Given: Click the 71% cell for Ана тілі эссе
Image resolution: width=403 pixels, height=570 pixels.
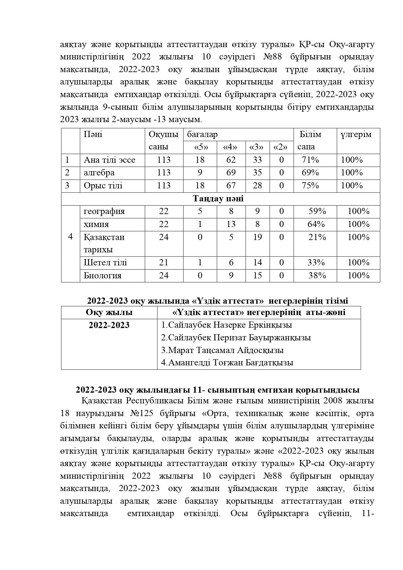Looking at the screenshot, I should coord(310,160).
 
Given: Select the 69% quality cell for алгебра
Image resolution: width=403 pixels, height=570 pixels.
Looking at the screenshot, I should coord(310,172).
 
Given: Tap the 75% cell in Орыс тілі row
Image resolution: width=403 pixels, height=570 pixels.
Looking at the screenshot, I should coord(310,185).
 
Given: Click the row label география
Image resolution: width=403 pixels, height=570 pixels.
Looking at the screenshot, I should coord(104,211).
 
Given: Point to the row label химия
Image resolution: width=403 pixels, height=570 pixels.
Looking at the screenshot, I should coord(96,224).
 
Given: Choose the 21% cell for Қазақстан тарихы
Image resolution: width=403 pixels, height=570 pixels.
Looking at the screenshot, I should coord(317,237).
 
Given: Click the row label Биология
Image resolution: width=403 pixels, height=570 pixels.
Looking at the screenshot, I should coord(102,275).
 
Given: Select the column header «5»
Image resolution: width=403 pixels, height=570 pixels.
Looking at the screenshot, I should coord(200,147).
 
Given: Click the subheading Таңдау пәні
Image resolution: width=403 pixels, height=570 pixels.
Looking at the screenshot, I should coord(218,198).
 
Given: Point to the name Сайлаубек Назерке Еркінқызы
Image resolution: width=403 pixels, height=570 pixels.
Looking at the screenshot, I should coord(226,325).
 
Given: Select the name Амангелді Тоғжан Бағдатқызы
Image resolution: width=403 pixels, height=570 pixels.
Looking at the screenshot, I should coord(227,362).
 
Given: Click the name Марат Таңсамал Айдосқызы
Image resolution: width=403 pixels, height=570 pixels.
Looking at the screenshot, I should coord(222,350).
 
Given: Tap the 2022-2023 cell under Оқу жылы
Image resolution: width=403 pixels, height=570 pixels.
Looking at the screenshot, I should coord(109,325).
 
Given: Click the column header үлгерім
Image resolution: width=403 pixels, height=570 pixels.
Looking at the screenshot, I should coord(356,134).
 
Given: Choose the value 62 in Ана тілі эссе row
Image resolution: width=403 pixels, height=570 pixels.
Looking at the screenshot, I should coord(231,160).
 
